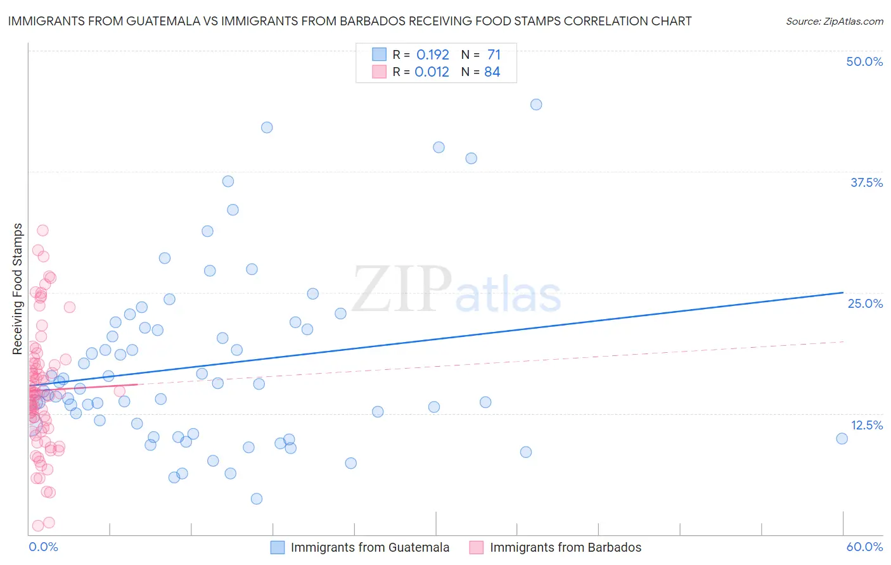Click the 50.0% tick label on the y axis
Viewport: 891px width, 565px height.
tap(864, 61)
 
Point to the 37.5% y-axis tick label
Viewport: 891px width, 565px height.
tap(866, 182)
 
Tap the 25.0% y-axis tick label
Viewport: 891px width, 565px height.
tap(865, 303)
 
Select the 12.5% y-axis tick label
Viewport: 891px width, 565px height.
tap(866, 425)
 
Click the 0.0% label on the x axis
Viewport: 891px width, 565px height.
tap(43, 547)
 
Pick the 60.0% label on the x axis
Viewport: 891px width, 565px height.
tap(864, 547)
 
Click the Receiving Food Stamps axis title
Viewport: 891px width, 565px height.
tap(18, 288)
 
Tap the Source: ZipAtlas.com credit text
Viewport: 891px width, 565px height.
tap(834, 21)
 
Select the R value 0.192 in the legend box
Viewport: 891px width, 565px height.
tap(432, 54)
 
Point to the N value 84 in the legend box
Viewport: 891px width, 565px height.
tap(492, 72)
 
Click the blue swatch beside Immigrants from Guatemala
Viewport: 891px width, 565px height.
tap(278, 547)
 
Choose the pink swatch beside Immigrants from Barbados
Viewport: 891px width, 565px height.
tap(477, 547)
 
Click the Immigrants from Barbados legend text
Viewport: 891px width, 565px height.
tap(565, 547)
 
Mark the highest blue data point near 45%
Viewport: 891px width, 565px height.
tap(536, 105)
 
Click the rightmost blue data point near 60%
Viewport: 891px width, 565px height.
tap(842, 438)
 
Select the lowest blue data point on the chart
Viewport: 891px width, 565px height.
tap(257, 498)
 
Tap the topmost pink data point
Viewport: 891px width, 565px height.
tap(42, 231)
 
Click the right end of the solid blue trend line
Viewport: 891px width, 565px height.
tap(843, 293)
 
